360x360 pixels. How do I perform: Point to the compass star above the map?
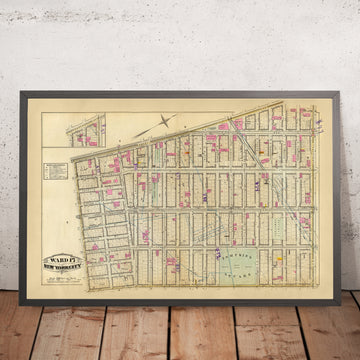coord(162,123)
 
